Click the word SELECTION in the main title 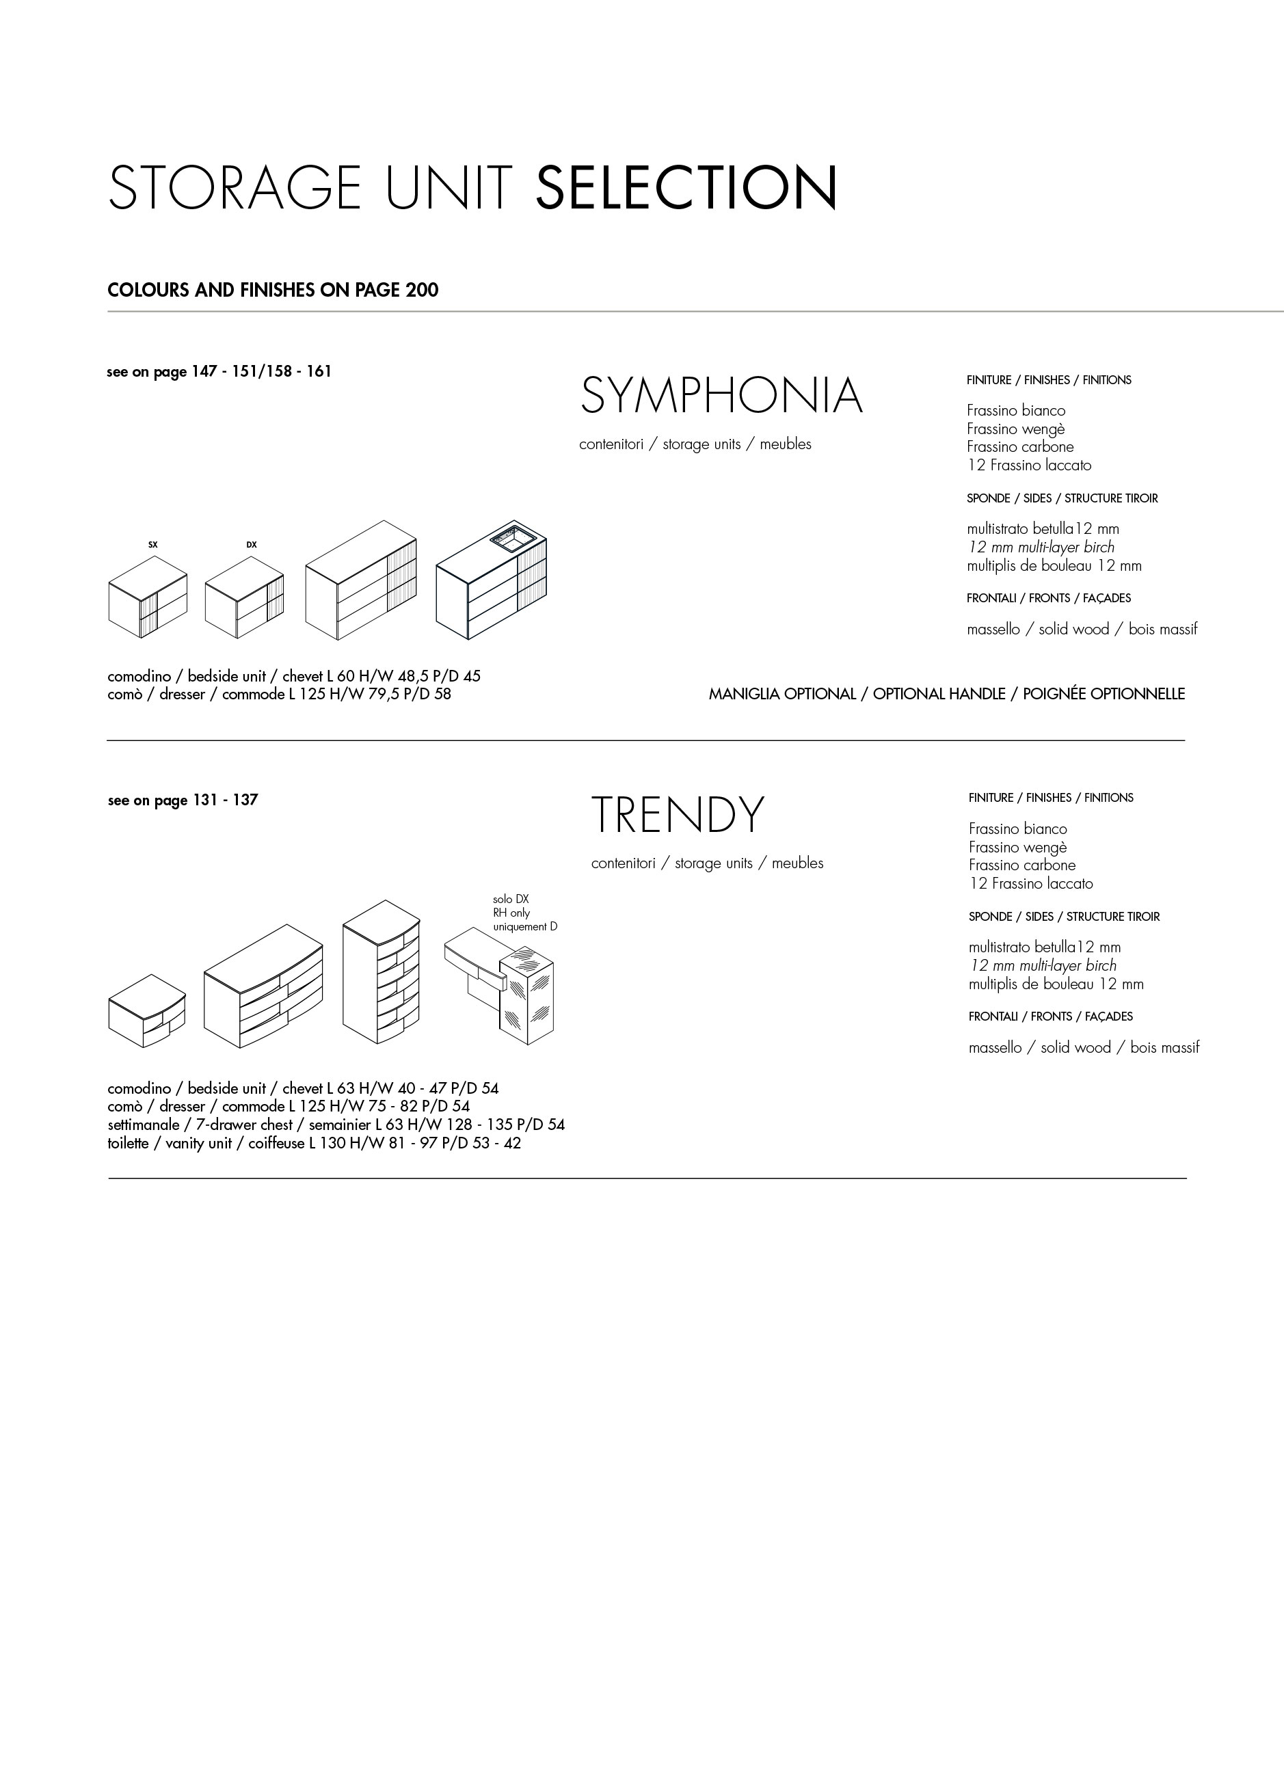point(686,187)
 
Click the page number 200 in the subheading point(423,290)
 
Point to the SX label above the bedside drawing point(152,544)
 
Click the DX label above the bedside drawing point(252,544)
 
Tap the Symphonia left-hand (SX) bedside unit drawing point(147,597)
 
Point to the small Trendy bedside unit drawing point(146,1011)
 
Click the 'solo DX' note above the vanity point(511,900)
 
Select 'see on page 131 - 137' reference point(183,800)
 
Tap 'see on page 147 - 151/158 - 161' point(219,371)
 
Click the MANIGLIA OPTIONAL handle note point(946,694)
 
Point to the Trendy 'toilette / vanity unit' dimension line point(313,1143)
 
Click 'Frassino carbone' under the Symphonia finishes point(1020,446)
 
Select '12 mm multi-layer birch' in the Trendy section point(1043,965)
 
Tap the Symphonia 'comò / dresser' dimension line point(279,694)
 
